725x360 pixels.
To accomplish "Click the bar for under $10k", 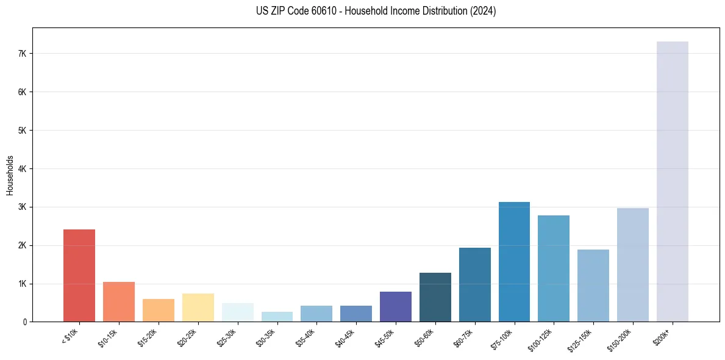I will coord(79,276).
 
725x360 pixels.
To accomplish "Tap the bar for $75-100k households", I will coord(514,262).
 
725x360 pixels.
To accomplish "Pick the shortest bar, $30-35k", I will coord(277,317).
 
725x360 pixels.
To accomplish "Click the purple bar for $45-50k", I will coord(395,307).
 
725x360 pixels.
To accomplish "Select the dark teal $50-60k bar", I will coord(435,297).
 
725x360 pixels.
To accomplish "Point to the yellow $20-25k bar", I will coord(198,308).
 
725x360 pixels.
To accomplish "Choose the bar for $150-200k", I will coord(632,265).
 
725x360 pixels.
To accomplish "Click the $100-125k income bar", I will coord(554,268).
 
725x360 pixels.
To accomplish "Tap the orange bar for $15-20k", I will coord(159,311).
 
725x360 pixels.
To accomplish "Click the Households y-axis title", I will coord(10,175).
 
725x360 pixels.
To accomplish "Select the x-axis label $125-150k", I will coord(582,339).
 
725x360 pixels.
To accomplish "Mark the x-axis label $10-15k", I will coord(109,337).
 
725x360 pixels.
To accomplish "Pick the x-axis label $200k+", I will coord(662,336).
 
